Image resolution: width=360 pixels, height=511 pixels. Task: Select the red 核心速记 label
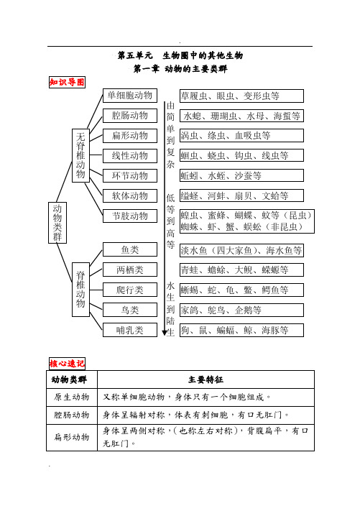coord(66,364)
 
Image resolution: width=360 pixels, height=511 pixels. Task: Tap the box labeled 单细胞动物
coord(130,96)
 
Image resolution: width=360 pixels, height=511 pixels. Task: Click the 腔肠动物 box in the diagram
coord(130,116)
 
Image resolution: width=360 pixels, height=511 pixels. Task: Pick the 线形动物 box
coord(130,155)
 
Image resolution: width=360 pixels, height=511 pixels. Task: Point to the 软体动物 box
coord(130,195)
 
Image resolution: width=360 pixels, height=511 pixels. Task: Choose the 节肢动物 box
coord(130,216)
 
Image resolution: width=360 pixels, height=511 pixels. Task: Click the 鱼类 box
coord(130,250)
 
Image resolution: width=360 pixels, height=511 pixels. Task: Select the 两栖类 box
coord(130,270)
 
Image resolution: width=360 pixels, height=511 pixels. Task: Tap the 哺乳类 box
coord(130,331)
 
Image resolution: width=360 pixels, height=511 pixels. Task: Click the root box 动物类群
coord(57,222)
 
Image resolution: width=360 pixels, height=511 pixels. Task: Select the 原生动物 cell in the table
coord(72,397)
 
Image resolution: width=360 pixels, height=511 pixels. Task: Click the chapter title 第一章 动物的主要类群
coord(180,69)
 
